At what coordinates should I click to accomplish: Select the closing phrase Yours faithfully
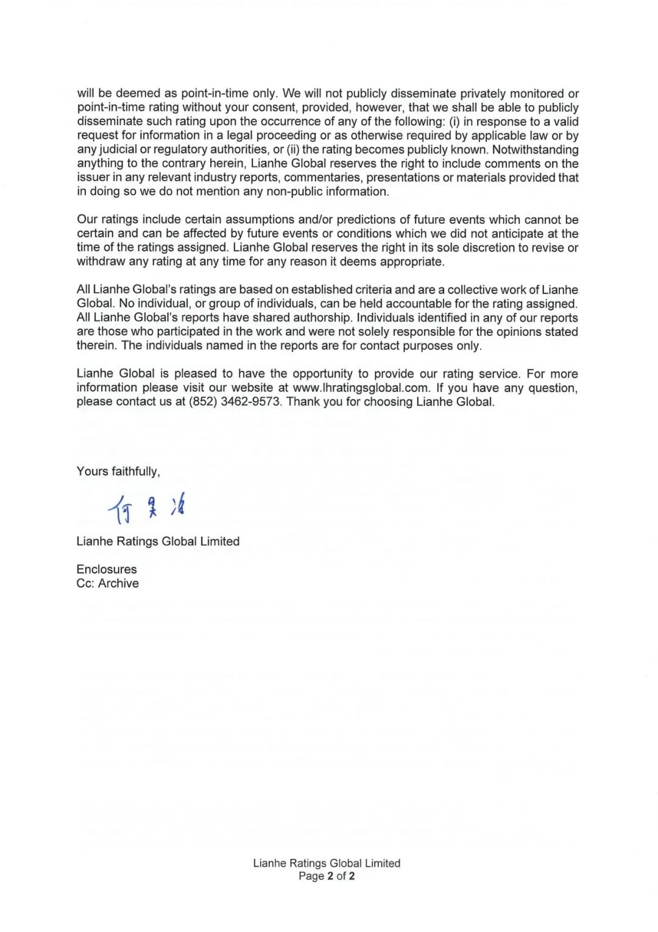(118, 471)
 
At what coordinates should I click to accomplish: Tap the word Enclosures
(107, 569)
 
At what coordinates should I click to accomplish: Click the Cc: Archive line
(107, 583)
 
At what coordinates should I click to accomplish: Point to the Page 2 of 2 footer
(327, 876)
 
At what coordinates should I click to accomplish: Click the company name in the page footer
(327, 863)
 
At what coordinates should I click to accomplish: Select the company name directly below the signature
(158, 541)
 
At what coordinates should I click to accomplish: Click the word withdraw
(101, 262)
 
